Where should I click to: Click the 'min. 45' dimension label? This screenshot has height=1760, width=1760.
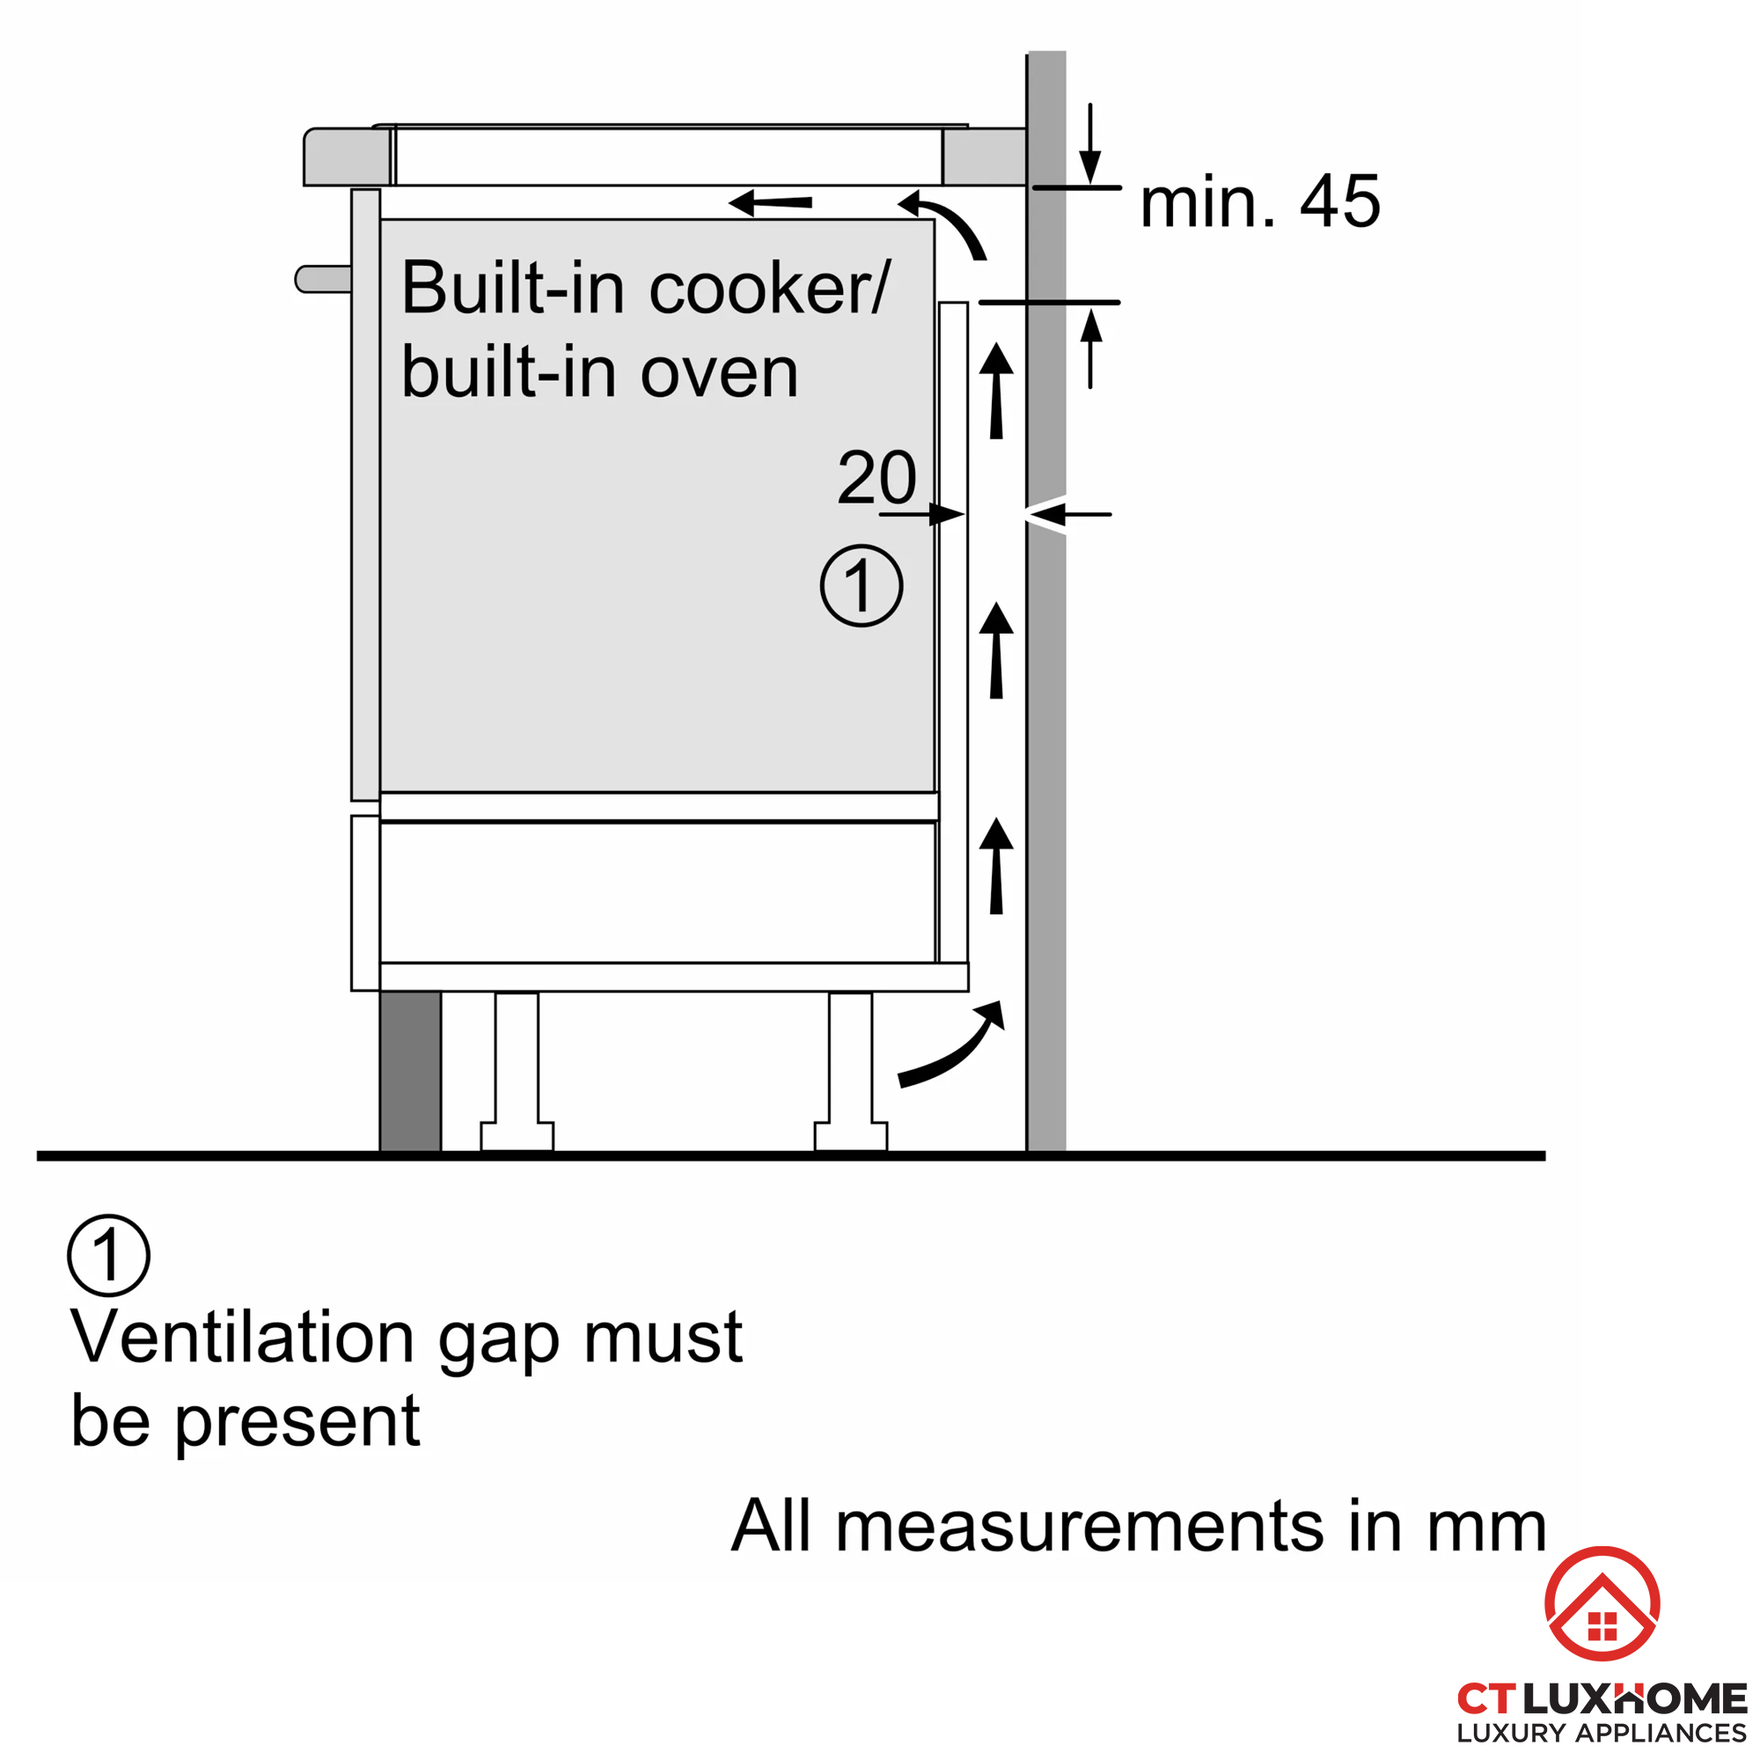click(x=1259, y=202)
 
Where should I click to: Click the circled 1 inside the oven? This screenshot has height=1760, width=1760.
click(x=861, y=586)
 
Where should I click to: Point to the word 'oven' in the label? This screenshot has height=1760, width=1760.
click(x=719, y=372)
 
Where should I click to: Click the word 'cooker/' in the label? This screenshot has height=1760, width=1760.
click(x=770, y=289)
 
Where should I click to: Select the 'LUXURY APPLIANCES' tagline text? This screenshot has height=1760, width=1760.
click(x=1601, y=1733)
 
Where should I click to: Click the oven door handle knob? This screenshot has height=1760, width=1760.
click(x=322, y=279)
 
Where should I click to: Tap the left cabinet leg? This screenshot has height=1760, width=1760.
click(x=517, y=1071)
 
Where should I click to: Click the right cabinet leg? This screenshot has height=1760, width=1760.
click(x=850, y=1071)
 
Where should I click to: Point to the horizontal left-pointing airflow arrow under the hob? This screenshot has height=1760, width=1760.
click(x=770, y=202)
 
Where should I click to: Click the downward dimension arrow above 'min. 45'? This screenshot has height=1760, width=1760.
click(x=1089, y=146)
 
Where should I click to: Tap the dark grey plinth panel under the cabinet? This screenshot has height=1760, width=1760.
click(x=410, y=1071)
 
